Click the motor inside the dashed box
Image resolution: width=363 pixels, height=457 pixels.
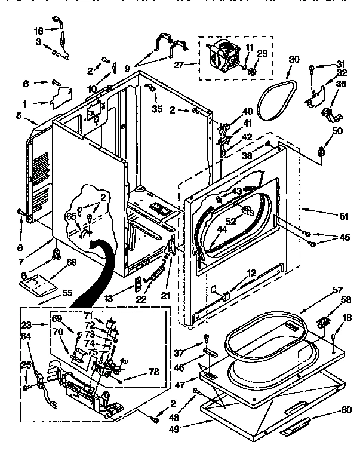tap(224, 56)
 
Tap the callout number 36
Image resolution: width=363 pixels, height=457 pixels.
tap(341, 84)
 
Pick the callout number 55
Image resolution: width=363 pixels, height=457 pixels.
tap(67, 293)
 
